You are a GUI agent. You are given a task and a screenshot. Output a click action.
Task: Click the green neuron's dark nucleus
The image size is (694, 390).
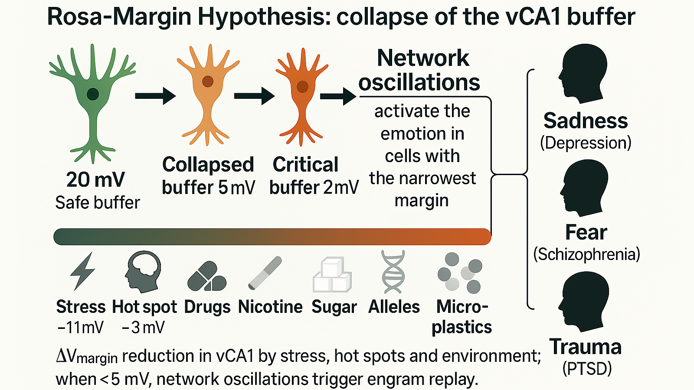click(x=92, y=94)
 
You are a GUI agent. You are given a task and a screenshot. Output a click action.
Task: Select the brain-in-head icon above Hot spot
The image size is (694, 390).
click(x=143, y=271)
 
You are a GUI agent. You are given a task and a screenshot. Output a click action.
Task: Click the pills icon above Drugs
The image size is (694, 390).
click(x=207, y=276)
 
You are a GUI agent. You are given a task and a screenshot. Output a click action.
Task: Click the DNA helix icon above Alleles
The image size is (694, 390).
click(x=393, y=272)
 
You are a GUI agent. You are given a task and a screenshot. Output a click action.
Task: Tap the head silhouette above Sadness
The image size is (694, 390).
click(x=583, y=74)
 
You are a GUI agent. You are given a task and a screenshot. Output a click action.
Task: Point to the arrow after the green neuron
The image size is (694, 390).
click(x=155, y=96)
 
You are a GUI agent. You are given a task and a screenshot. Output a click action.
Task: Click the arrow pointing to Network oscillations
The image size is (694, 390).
click(x=338, y=96)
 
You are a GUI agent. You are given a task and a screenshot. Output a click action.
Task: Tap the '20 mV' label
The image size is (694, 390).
click(x=95, y=180)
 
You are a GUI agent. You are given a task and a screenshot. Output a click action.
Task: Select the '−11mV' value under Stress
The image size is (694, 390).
click(x=80, y=328)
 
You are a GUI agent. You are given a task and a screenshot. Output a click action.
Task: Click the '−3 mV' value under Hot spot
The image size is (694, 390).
click(x=143, y=328)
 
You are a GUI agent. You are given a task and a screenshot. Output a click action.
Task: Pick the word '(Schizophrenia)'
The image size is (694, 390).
click(x=586, y=254)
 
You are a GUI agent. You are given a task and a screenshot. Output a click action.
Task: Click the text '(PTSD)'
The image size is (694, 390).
click(x=587, y=369)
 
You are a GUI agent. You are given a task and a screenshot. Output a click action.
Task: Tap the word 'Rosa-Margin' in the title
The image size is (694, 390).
click(x=119, y=17)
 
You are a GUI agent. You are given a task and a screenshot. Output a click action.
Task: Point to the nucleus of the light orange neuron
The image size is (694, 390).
click(x=208, y=81)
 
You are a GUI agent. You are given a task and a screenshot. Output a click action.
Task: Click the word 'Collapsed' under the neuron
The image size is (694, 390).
click(x=208, y=165)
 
